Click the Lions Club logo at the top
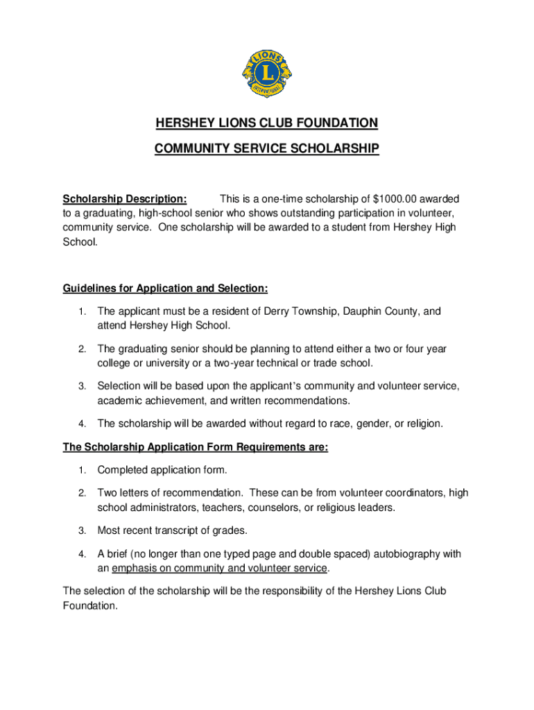tap(267, 73)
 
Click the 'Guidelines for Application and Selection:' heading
tap(165, 288)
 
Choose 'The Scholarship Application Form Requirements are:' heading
tap(195, 447)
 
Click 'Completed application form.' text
tap(162, 471)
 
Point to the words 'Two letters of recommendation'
tap(170, 493)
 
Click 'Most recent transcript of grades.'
tap(172, 530)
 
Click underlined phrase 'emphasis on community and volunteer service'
tap(219, 569)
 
